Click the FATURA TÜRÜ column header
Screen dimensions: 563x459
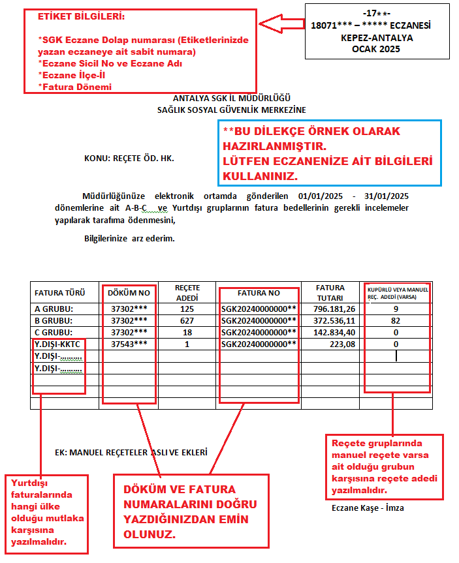point(57,293)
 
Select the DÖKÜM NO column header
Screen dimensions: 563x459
point(129,293)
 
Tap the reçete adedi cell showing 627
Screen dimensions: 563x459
point(187,320)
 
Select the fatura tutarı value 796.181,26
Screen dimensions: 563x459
point(334,309)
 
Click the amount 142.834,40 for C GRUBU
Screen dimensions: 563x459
point(334,332)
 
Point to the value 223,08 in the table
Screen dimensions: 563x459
point(342,344)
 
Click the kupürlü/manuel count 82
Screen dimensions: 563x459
point(396,320)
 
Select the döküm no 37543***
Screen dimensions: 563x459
point(129,344)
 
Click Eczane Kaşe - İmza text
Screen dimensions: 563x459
point(368,507)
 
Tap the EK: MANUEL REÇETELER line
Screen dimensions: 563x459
point(131,451)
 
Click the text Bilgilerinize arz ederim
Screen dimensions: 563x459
point(129,239)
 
